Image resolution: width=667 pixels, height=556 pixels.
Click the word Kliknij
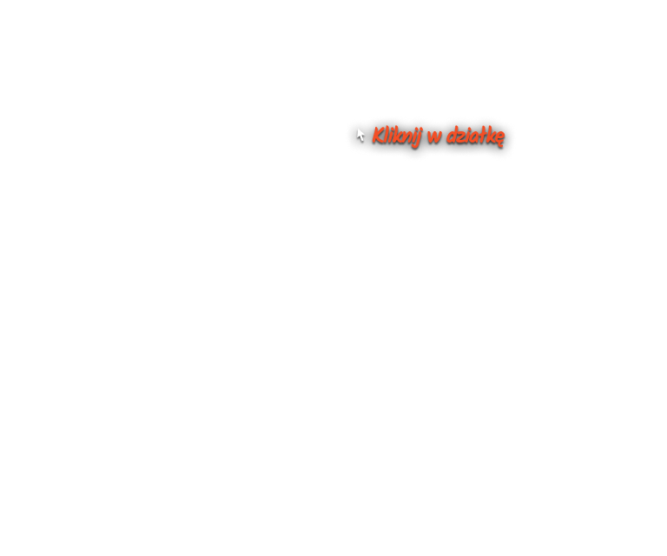397,136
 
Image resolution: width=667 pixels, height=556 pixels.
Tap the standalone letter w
435,136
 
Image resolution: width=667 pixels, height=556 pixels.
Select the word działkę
475,136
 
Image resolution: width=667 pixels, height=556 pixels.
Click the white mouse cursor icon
360,135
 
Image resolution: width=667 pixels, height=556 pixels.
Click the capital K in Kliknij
378,136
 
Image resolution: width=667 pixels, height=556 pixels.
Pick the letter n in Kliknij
406,136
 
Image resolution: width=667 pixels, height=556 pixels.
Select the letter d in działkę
452,136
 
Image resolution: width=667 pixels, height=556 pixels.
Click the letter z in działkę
462,136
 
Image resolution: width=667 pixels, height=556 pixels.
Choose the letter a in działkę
476,136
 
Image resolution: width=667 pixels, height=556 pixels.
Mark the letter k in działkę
492,136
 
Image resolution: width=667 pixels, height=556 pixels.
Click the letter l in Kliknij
386,135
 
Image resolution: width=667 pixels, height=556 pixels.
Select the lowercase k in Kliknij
397,136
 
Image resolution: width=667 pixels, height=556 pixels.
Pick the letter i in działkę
469,136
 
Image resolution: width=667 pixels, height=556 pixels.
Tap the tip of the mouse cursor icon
357,129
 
